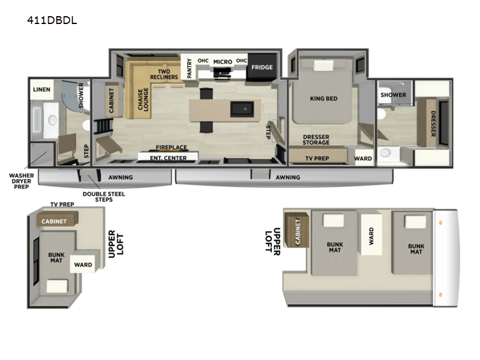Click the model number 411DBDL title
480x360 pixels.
tap(52, 20)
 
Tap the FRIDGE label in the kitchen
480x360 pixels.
tap(262, 67)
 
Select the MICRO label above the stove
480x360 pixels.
tap(223, 62)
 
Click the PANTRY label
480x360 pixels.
tap(189, 68)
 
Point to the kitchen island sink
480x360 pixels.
tap(242, 109)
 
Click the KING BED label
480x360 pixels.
tap(323, 98)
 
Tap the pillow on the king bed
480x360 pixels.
tap(323, 65)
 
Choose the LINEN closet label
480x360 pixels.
tap(41, 89)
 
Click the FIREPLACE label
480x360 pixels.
tap(172, 147)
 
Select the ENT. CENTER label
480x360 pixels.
tap(169, 158)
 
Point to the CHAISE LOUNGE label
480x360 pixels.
tap(143, 99)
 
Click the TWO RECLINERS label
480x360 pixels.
tap(164, 74)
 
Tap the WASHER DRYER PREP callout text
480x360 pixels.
tap(22, 181)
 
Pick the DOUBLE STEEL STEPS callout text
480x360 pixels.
tap(104, 197)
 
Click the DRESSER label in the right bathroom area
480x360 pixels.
tap(433, 124)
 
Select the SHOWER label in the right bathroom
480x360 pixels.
tap(394, 95)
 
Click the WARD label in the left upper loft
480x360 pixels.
tap(83, 265)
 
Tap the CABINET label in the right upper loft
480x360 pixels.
tap(298, 232)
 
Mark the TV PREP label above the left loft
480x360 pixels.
tap(62, 204)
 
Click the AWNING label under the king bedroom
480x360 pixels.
tap(288, 177)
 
